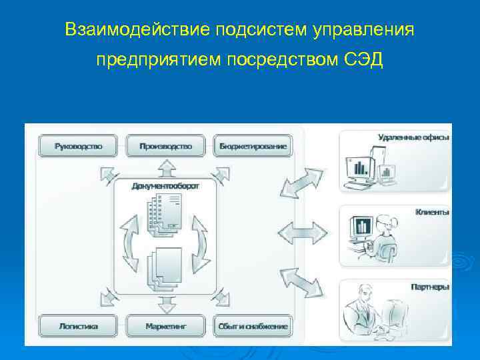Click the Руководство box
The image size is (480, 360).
pos(78,146)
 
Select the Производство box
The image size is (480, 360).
pos(165,146)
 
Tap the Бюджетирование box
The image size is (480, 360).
pos(253,146)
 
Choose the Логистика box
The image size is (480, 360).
pos(78,326)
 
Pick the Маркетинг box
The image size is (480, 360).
pos(165,326)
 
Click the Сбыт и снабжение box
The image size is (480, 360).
pos(253,326)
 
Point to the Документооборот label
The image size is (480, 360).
pos(165,186)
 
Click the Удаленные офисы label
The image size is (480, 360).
pos(413,137)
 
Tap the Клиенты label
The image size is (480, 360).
pos(431,212)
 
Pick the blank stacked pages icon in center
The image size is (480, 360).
pos(164,268)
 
